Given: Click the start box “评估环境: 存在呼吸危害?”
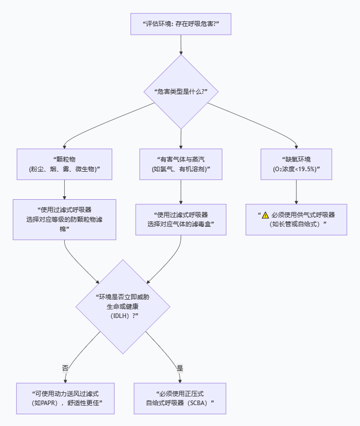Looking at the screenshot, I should pos(181,24).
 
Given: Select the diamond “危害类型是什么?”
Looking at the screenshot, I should pos(181,92).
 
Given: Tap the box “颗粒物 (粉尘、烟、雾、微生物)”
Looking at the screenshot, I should pos(64,164).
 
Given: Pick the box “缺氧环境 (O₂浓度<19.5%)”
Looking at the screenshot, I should pos(296,164).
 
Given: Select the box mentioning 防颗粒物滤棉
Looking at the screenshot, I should pos(64,219).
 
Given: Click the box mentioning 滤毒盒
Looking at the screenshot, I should pos(181,219).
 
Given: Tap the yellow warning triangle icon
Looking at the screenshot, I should pos(265,215).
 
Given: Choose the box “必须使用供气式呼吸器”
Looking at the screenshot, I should pos(296,220).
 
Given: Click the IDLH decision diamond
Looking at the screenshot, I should pos(122,306).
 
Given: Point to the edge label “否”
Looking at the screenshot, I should pos(65,367).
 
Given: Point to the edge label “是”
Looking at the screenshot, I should pos(179,367).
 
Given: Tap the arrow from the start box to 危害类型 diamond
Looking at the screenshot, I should pos(181,45).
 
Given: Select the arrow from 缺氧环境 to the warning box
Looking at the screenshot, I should pos(296,192).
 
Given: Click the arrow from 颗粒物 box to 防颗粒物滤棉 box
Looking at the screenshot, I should pos(64,189).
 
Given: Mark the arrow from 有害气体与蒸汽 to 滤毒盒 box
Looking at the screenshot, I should pos(181,192).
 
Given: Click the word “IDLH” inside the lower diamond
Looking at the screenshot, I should pos(120,316).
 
